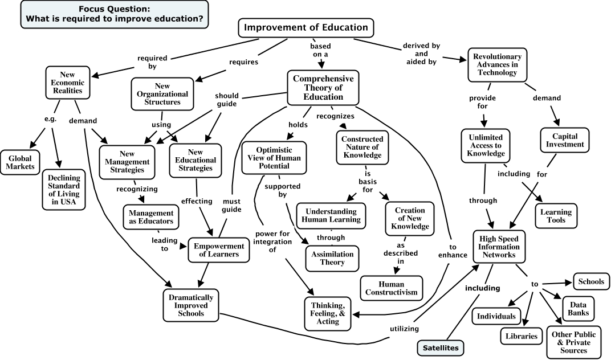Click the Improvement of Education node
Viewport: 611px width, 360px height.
[x=306, y=27]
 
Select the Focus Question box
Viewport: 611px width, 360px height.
[x=115, y=15]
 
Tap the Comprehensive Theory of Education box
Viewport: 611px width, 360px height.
[x=323, y=88]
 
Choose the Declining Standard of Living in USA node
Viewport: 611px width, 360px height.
[x=63, y=189]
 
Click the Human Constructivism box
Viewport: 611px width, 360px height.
[x=392, y=288]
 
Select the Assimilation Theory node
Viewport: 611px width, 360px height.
[x=332, y=258]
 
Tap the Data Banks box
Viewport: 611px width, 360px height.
[x=579, y=308]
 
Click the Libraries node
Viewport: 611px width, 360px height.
[x=522, y=336]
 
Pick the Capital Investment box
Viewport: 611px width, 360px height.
[x=564, y=140]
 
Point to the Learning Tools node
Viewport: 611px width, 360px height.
[x=556, y=216]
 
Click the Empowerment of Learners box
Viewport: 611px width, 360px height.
[x=219, y=250]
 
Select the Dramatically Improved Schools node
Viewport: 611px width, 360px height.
[x=191, y=305]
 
